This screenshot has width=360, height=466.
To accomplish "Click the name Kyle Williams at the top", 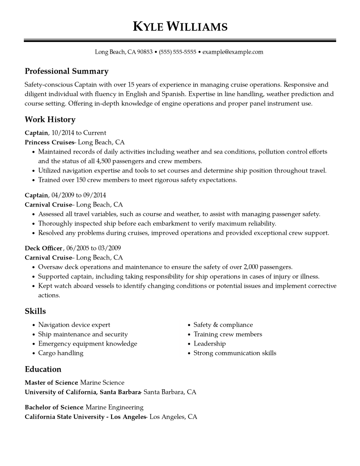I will [180, 27].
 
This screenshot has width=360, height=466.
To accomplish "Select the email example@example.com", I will [233, 52].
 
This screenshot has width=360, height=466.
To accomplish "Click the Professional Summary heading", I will [67, 71].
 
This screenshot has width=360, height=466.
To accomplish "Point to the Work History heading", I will [50, 120].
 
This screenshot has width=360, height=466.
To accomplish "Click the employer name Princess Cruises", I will [49, 142].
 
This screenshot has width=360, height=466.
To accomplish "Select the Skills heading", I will [35, 312].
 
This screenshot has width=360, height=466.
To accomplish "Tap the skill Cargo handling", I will [61, 353].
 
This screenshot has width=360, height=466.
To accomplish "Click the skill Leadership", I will [210, 343].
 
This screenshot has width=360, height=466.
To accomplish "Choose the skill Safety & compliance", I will [223, 325].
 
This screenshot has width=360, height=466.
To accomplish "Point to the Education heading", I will [43, 369].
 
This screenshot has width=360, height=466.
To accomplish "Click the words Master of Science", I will [51, 383].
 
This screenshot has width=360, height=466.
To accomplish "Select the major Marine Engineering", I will [115, 407].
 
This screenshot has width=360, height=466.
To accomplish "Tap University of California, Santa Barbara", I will [82, 392].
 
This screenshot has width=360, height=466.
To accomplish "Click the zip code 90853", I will [145, 52].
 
